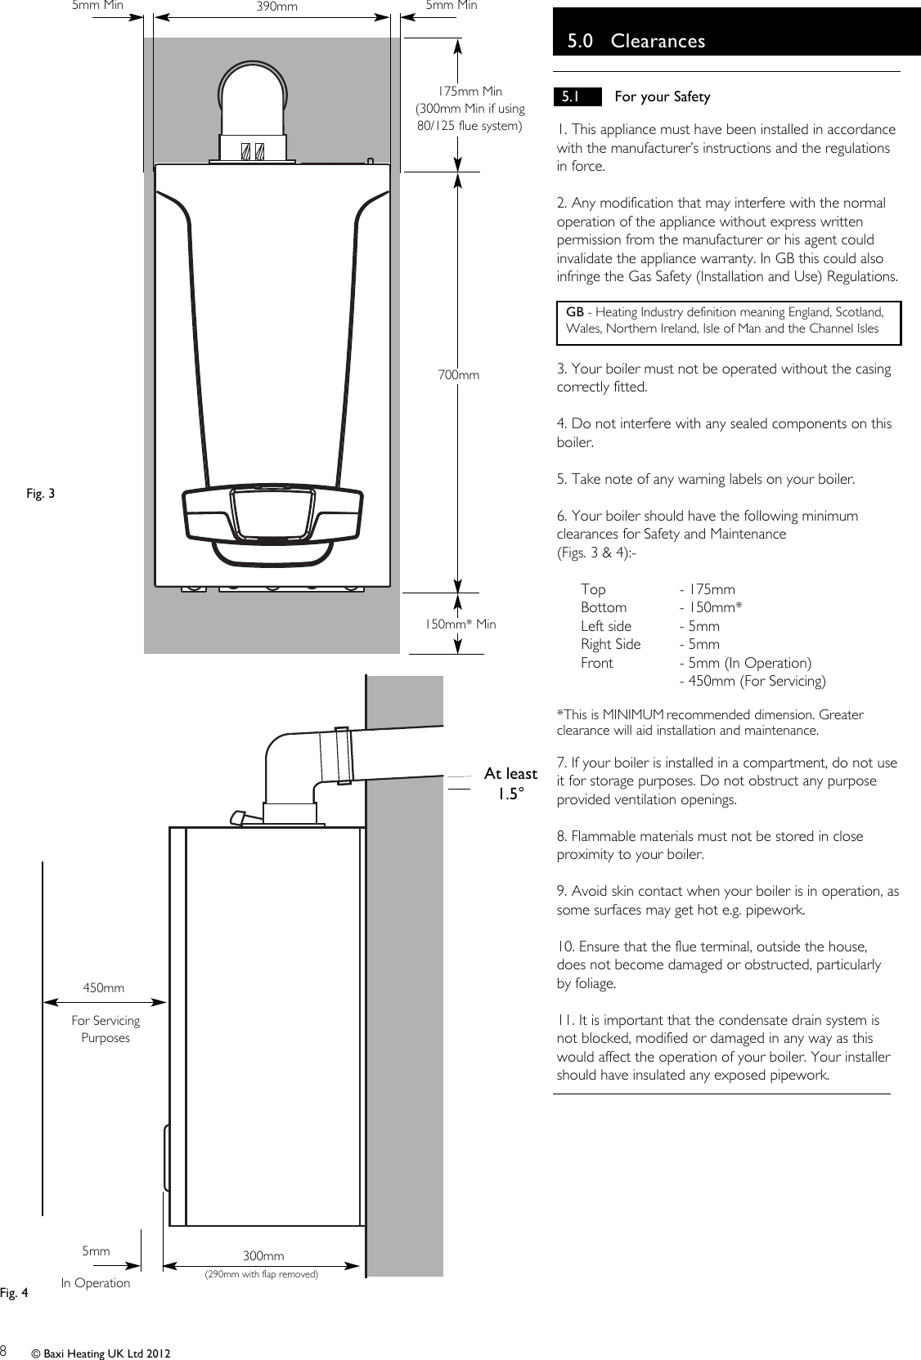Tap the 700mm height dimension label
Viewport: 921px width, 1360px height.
point(458,375)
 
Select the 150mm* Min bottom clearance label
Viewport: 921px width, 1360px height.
point(459,624)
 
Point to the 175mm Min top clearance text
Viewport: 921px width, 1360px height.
point(469,92)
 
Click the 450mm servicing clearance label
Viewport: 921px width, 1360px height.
point(104,988)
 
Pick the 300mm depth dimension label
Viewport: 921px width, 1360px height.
point(263,1256)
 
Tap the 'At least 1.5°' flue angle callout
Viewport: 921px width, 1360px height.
point(510,783)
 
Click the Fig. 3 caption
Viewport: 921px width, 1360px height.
point(41,493)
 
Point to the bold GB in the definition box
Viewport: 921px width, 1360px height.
point(575,312)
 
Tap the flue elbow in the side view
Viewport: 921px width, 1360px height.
point(286,760)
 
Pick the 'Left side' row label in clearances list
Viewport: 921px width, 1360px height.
point(605,626)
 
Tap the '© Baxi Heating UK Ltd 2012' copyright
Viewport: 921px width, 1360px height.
point(101,1354)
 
